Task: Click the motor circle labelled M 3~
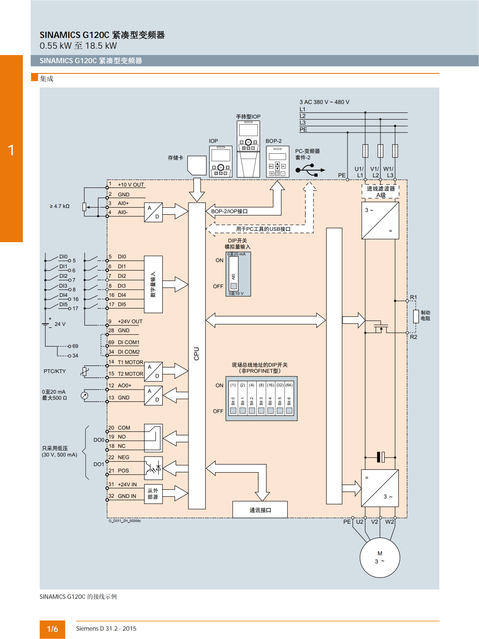click(380, 557)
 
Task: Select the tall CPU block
click(197, 356)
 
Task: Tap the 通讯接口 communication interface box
click(260, 510)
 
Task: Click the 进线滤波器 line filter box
click(380, 191)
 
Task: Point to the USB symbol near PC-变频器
click(310, 170)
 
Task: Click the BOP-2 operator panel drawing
click(278, 161)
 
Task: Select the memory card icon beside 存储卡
click(197, 165)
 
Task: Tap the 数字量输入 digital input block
click(153, 284)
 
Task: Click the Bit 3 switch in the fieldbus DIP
click(261, 410)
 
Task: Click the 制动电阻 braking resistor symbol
click(416, 316)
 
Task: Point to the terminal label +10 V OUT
click(131, 185)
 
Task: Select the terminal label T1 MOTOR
click(130, 362)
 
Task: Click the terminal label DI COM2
click(129, 352)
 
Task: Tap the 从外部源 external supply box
click(153, 494)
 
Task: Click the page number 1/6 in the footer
click(52, 629)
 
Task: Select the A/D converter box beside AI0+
click(153, 212)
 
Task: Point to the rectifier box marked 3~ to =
click(380, 220)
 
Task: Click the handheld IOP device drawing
click(248, 149)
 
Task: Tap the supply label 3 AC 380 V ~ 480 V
click(324, 102)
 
